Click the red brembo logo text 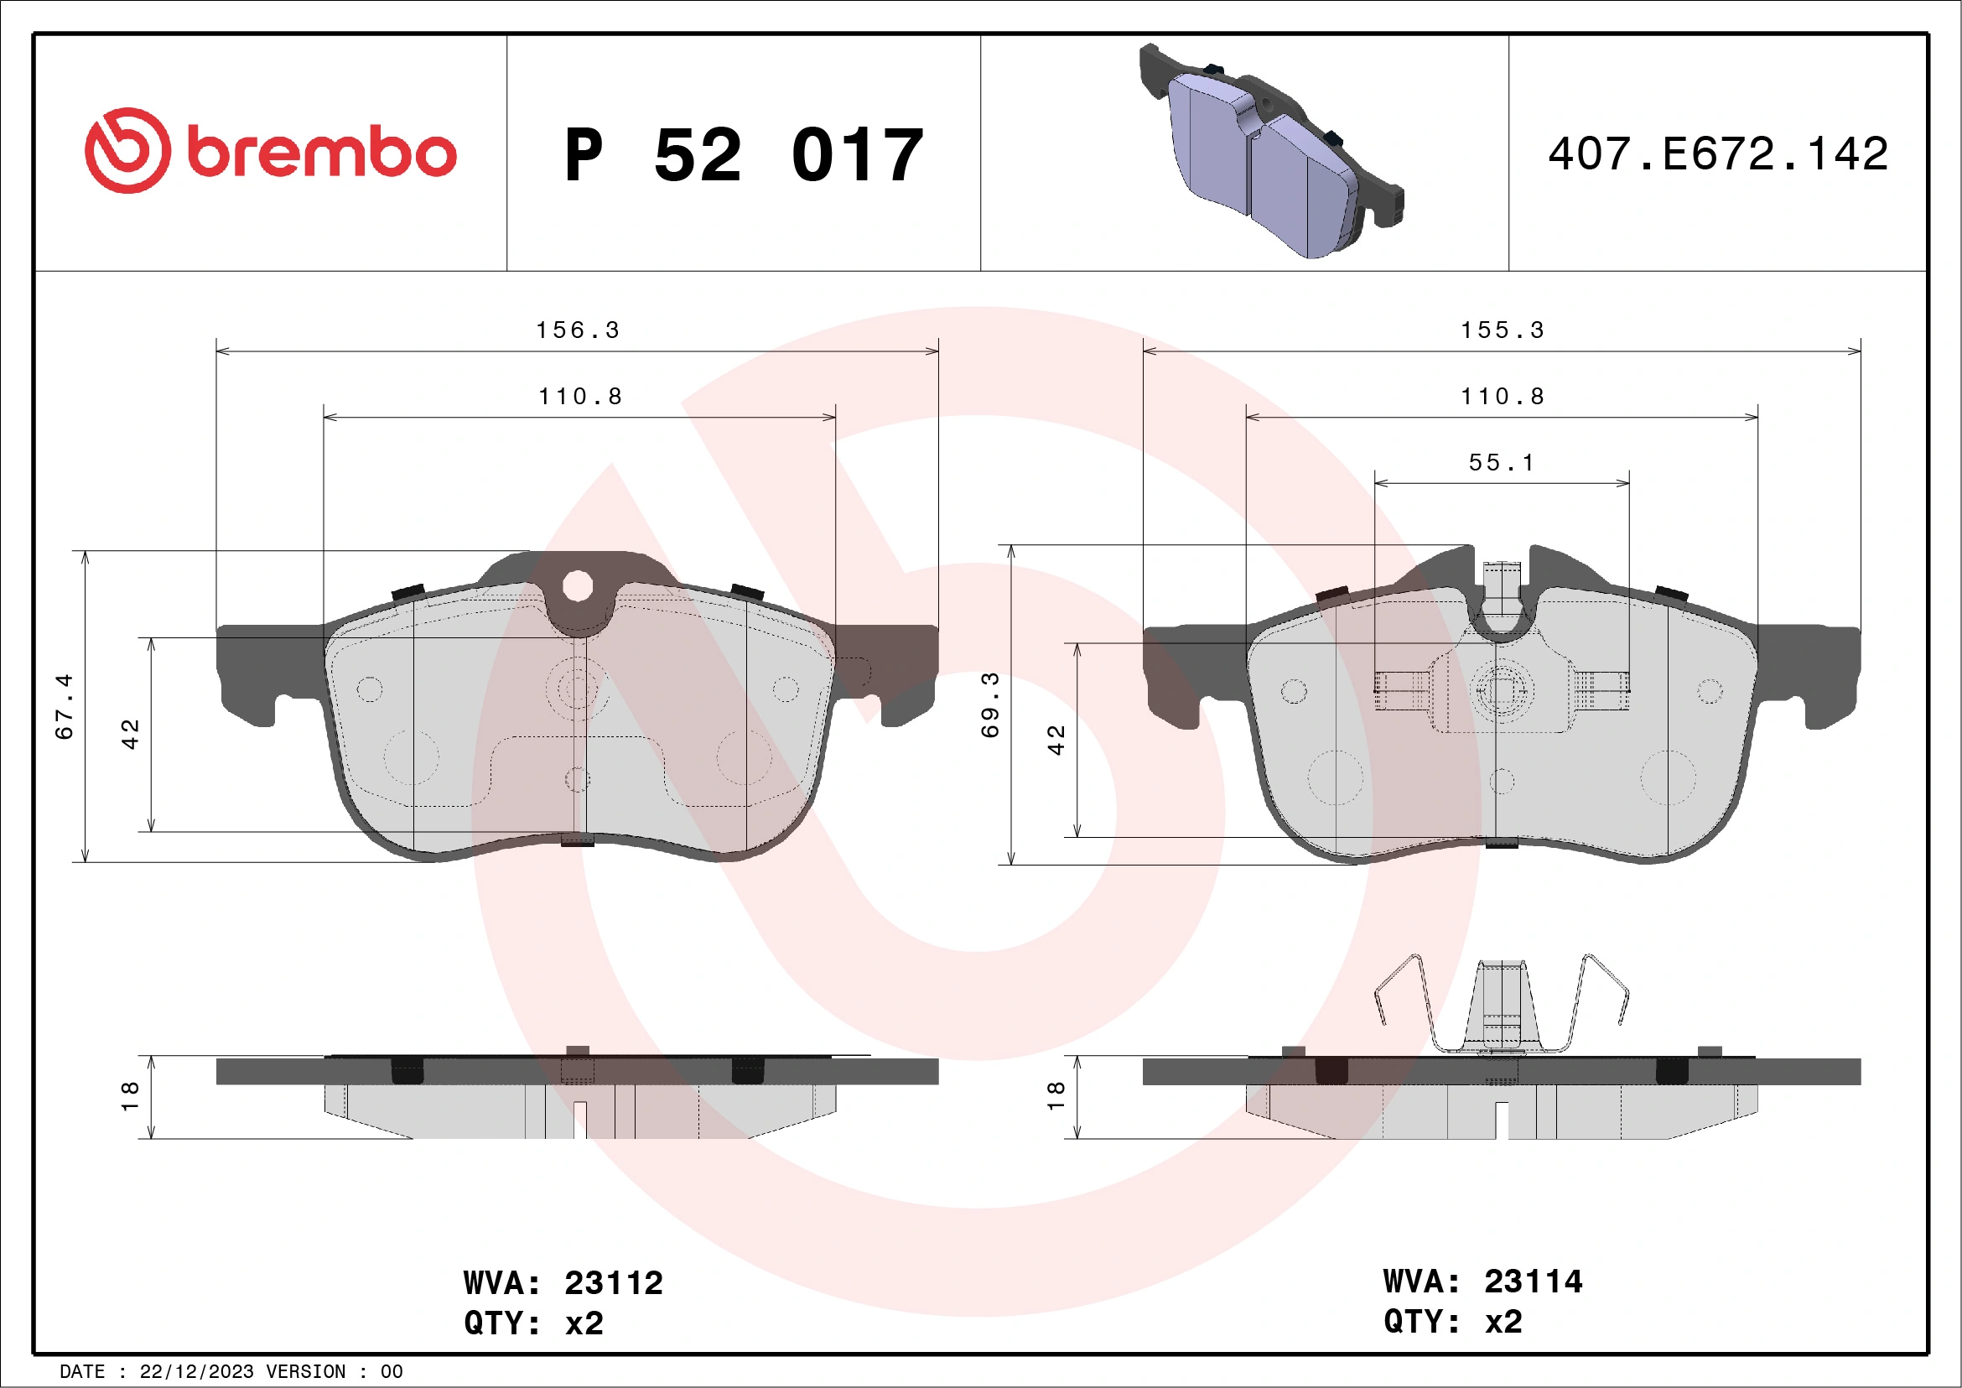tap(320, 153)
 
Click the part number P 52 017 tap(744, 155)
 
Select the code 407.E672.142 tap(1718, 154)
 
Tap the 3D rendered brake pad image tap(1270, 152)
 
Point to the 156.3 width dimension tap(578, 330)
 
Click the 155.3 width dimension tap(1503, 330)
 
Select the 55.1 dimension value tap(1502, 463)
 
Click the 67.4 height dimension tap(65, 706)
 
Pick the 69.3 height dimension tap(990, 705)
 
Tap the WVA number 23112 tap(614, 1283)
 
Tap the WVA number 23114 tap(1533, 1281)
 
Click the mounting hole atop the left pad tap(578, 586)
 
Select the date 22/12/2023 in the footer tap(196, 1372)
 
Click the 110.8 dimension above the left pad tap(580, 397)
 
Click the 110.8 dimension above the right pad tap(1503, 397)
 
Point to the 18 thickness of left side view tap(130, 1096)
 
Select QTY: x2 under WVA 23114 tap(1453, 1323)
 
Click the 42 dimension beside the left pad tap(130, 734)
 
